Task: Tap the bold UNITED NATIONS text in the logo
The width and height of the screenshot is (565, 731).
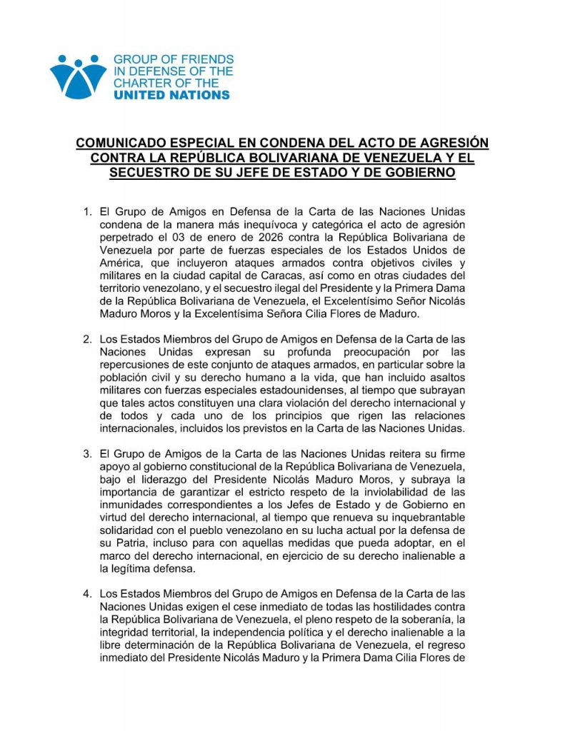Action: [172, 95]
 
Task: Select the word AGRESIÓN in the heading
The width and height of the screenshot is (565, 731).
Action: [442, 143]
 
